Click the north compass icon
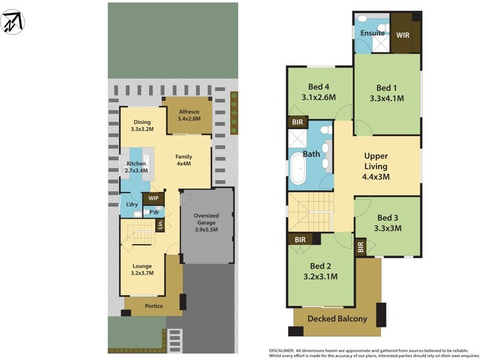pos(13,22)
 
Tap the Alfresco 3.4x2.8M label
pos(188,115)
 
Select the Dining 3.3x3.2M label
pos(142,125)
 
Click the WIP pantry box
pos(154,197)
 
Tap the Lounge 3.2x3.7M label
pos(142,269)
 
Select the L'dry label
pos(132,205)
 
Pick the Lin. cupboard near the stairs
pos(160,225)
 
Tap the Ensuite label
pos(373,33)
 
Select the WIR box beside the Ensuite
pos(403,35)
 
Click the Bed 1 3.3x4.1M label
pos(386,93)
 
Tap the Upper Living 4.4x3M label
pos(376,166)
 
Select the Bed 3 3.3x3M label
pos(389,223)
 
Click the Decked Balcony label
pos(337,319)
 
